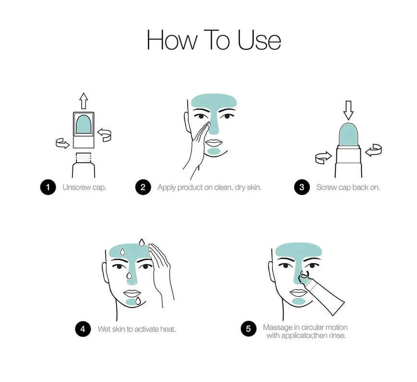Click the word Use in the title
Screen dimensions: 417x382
(x=259, y=40)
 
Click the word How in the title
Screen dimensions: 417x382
(x=172, y=40)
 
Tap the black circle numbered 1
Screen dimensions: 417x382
(x=48, y=187)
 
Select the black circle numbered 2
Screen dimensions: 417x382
(x=143, y=187)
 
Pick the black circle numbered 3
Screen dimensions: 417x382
(x=302, y=187)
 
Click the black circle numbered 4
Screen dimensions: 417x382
(x=83, y=329)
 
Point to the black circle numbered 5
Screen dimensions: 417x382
(x=248, y=329)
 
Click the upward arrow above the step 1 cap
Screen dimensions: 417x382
(x=84, y=101)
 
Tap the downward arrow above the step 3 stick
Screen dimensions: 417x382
(x=348, y=110)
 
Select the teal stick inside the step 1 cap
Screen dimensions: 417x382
(x=84, y=125)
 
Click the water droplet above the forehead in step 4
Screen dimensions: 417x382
(x=142, y=242)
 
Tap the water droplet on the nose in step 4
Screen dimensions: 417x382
(x=129, y=275)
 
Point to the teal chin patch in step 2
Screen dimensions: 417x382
(x=214, y=152)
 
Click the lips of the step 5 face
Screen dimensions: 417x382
(x=299, y=292)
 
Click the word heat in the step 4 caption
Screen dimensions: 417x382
(x=168, y=329)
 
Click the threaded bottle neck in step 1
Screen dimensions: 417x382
(x=84, y=157)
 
